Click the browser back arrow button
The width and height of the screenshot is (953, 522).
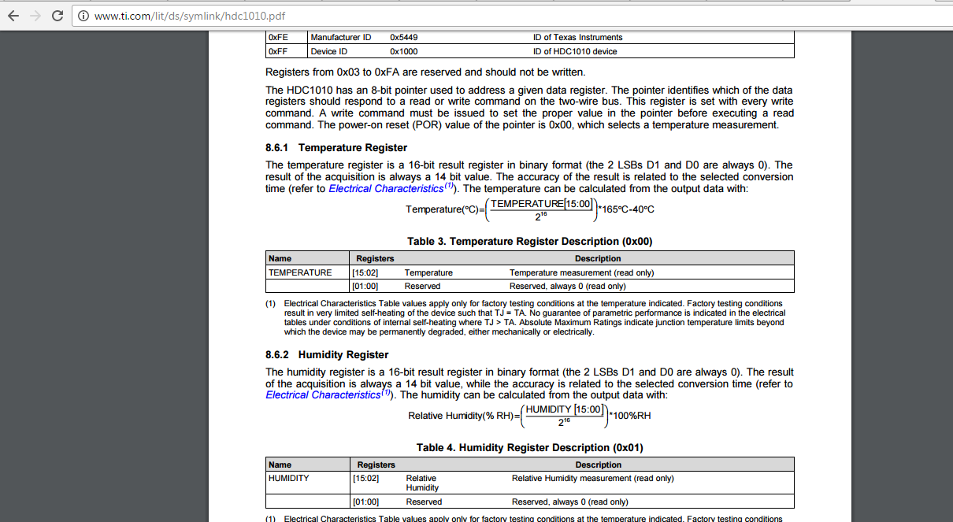point(13,15)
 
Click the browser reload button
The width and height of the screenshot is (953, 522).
point(57,15)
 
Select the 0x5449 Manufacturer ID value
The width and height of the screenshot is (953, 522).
point(404,38)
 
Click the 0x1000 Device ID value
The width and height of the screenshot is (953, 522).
point(404,52)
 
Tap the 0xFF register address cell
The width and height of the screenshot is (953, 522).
point(278,52)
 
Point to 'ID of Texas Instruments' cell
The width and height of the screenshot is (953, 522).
point(577,38)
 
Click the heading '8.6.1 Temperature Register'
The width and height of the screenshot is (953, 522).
point(336,148)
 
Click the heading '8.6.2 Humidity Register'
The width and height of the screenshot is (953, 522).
point(327,355)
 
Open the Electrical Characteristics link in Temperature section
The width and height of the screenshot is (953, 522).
point(386,189)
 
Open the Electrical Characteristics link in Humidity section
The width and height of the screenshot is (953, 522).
point(323,395)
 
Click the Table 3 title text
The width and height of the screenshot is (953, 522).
point(529,242)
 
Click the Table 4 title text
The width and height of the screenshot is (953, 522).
point(530,448)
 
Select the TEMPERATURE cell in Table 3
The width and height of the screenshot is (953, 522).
point(300,272)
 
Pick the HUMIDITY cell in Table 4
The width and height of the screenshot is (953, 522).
point(289,478)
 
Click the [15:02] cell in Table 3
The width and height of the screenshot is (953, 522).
point(365,272)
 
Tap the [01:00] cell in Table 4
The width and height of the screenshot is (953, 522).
point(365,502)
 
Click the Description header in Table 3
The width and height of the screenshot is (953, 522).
point(598,258)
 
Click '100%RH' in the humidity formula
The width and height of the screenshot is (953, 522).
point(632,416)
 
